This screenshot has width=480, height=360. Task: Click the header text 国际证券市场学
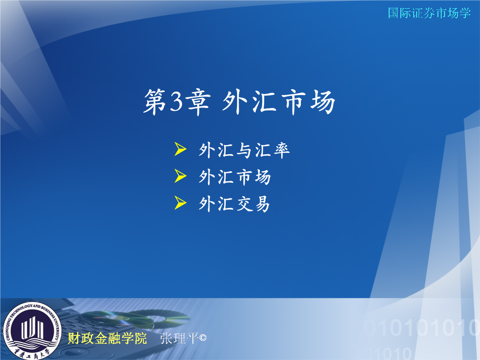coord(429,13)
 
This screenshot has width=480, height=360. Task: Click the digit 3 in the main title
coord(175,102)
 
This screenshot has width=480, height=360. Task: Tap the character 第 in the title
coord(155,102)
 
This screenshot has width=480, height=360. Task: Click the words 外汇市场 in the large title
coord(278,102)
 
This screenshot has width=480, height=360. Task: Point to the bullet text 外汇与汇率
coord(244,150)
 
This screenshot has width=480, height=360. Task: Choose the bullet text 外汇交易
coord(235,204)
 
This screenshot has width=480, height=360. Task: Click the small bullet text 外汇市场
coord(235,177)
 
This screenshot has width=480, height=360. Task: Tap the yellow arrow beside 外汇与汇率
coord(180,149)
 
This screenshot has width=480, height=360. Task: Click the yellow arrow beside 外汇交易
coord(180,203)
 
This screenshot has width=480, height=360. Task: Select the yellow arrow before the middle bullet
coord(180,176)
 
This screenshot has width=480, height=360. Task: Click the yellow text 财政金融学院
coord(107,338)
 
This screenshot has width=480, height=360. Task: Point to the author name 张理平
coord(179,338)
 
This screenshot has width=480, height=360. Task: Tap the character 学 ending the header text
coord(465,13)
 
